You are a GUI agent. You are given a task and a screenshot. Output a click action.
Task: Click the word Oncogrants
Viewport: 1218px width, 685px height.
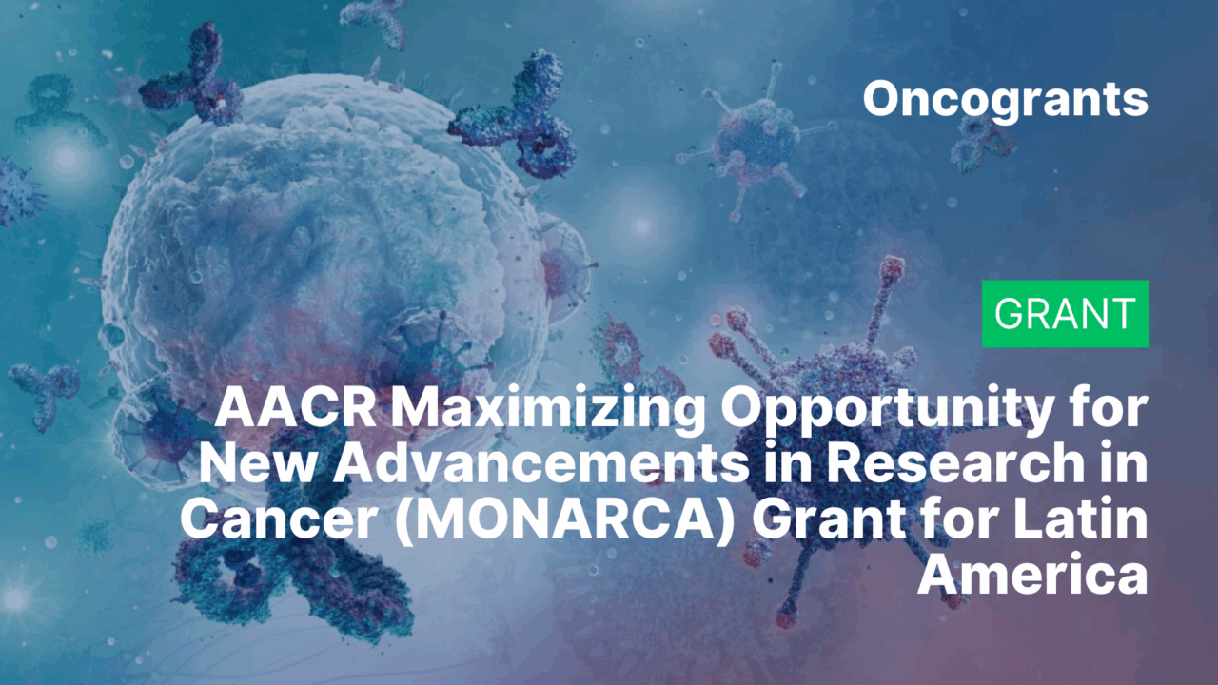[x=1005, y=99]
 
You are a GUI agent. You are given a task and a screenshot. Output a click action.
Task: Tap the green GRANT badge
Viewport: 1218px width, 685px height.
[x=1065, y=314]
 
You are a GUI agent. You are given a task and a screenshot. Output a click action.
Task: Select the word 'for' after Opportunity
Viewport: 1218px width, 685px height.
[x=1111, y=410]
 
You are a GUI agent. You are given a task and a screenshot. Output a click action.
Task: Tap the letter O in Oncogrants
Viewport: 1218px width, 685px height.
[x=882, y=99]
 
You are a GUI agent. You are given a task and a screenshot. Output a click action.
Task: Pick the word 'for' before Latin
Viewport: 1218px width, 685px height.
[x=959, y=519]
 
